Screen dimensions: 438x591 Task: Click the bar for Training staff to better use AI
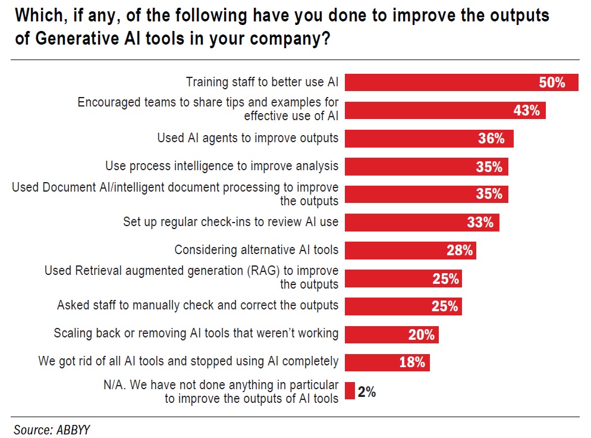pos(440,83)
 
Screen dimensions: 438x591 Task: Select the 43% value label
pos(526,111)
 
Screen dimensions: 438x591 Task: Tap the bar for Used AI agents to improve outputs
pos(410,139)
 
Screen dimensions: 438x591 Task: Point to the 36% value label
pos(491,139)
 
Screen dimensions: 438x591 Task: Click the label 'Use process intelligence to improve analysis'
pos(222,166)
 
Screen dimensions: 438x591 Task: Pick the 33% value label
pos(480,223)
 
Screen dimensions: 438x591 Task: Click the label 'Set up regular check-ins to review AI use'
pos(231,222)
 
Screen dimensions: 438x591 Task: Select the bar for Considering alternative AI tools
pos(392,251)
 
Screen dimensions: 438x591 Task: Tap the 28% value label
pos(460,251)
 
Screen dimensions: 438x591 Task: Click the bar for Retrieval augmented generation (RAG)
pos(386,279)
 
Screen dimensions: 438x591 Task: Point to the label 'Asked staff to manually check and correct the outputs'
pos(197,305)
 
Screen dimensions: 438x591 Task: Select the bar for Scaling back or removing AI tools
pos(375,334)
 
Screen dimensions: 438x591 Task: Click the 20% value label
pos(422,334)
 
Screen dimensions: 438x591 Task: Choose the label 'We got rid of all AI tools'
pos(188,361)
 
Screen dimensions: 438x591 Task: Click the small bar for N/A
pos(350,391)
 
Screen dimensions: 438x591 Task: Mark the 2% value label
pos(367,392)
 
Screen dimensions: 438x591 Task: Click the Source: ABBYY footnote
pos(52,429)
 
